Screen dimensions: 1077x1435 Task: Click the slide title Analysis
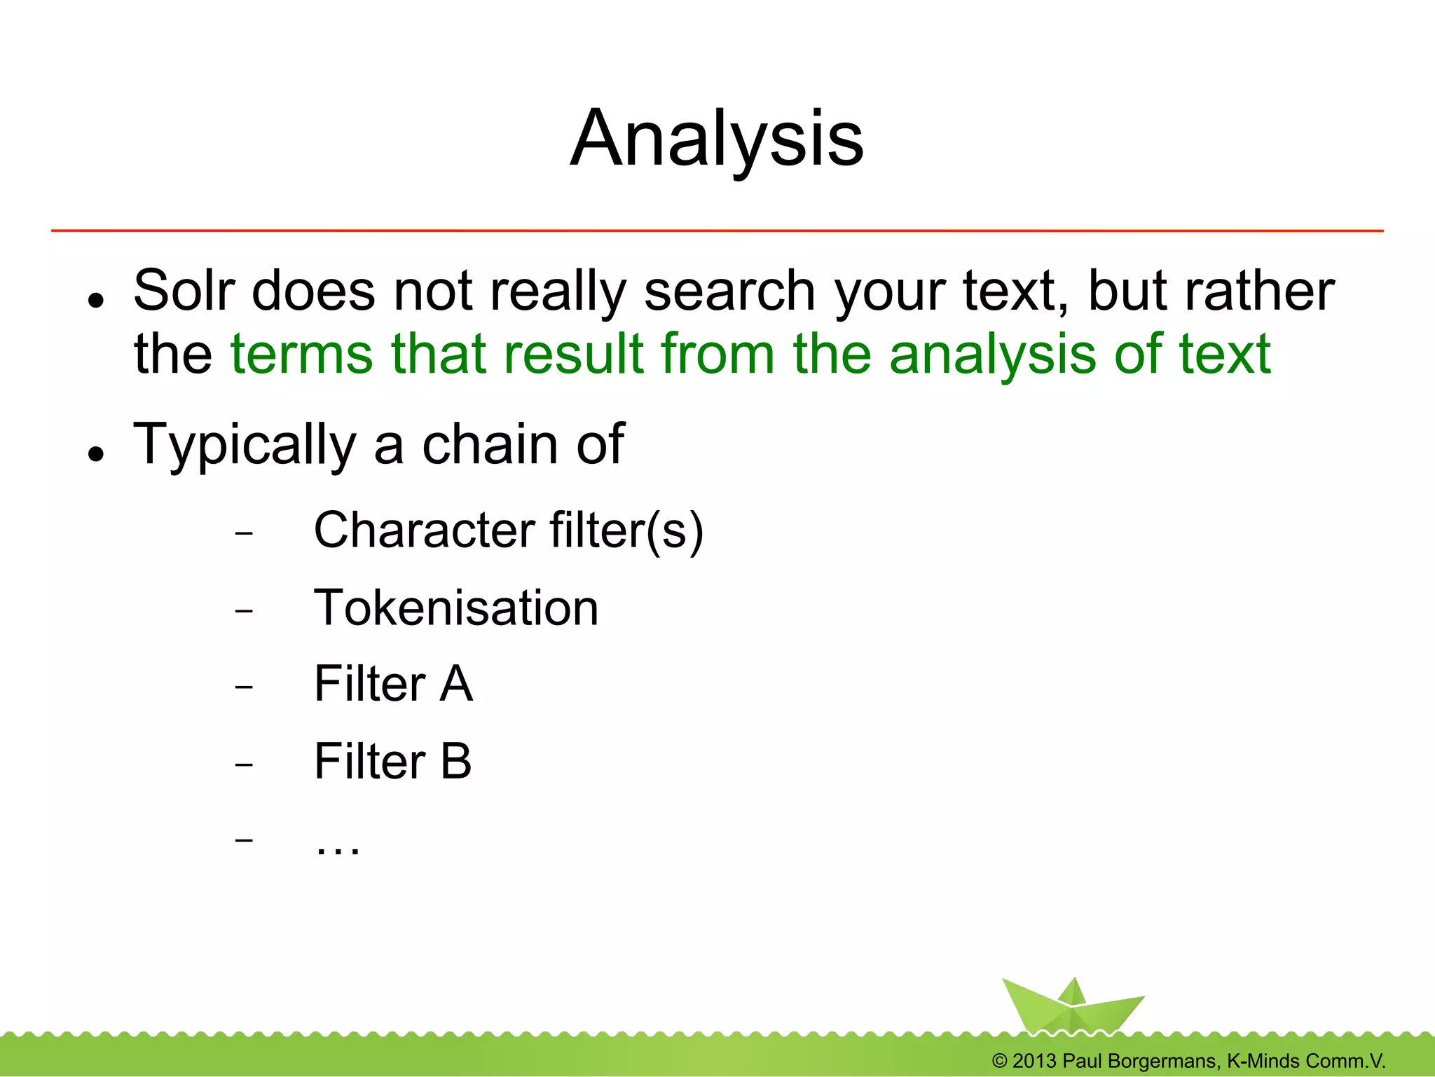pos(717,139)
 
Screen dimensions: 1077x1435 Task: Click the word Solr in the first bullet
pos(184,290)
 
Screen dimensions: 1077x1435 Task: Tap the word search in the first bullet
pos(729,290)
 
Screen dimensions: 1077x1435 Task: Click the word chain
pos(490,444)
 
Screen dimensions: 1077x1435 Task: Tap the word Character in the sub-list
pos(424,530)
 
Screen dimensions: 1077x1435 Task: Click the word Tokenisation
pos(456,608)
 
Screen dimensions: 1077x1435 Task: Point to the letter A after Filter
pos(456,684)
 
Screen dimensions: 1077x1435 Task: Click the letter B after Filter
pos(456,761)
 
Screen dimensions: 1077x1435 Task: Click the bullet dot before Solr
pos(96,301)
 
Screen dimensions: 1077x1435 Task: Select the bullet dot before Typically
pos(96,454)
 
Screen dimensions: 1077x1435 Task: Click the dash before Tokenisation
pos(244,611)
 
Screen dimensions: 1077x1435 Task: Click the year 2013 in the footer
pos(1034,1061)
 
